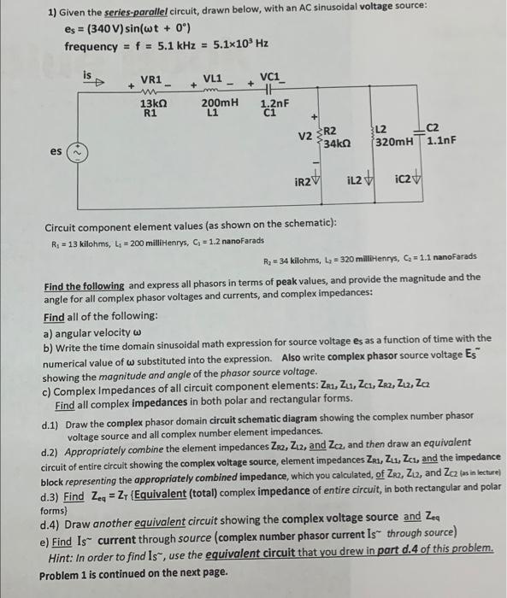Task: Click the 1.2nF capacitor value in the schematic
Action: (x=275, y=102)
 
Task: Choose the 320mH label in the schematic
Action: (x=397, y=141)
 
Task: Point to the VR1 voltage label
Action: (x=151, y=79)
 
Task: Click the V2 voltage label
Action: (x=305, y=133)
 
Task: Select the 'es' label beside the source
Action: (x=56, y=151)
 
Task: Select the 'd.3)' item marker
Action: (x=52, y=496)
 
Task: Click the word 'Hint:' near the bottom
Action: (x=64, y=556)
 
